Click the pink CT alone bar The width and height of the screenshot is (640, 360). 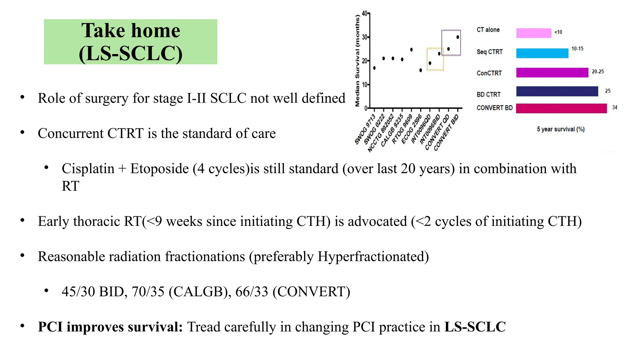533,33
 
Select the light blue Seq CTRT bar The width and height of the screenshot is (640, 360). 542,53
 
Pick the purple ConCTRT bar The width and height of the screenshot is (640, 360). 552,72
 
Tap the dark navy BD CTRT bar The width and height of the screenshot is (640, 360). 557,91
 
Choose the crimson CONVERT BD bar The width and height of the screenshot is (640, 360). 561,108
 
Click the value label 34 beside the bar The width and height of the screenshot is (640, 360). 614,107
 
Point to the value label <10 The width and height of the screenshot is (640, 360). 558,32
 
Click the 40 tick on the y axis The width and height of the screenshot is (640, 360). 365,13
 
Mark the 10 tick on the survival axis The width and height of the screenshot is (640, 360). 365,85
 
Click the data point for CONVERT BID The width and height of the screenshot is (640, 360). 458,37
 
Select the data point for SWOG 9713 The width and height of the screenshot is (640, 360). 374,68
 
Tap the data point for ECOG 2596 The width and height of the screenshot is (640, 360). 421,70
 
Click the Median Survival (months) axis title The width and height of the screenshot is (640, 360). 357,61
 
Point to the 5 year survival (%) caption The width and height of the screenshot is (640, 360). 561,129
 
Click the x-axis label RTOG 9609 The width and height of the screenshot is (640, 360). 402,130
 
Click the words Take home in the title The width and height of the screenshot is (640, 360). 131,31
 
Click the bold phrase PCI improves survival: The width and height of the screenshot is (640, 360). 110,327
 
